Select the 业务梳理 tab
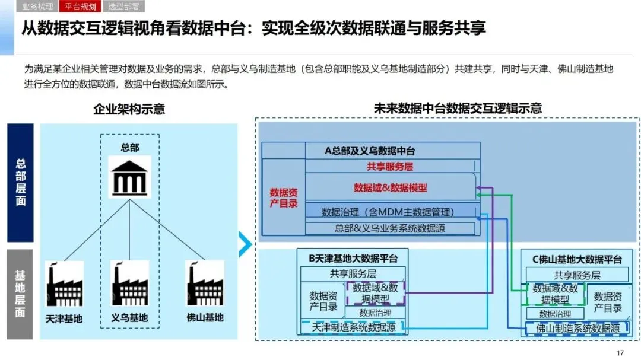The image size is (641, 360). [37, 7]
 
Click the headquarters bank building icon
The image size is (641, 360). [130, 176]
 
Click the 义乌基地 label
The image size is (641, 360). [130, 317]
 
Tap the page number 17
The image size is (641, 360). [620, 353]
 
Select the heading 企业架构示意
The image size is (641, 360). [129, 110]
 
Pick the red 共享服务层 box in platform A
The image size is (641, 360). [390, 167]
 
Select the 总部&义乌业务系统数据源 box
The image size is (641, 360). [390, 228]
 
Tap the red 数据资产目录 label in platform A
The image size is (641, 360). [284, 198]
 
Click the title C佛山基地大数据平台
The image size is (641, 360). [577, 259]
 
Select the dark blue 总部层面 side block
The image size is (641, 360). [20, 182]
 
